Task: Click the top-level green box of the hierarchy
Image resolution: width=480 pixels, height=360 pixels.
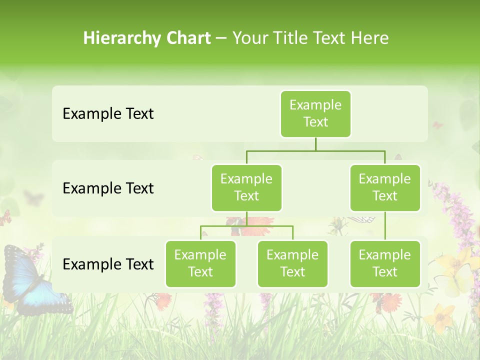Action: [315, 113]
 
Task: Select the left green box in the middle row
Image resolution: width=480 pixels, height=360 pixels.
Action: [246, 187]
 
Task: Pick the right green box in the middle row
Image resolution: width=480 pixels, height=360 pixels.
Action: [385, 187]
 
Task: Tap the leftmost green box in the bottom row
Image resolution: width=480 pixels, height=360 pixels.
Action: [200, 263]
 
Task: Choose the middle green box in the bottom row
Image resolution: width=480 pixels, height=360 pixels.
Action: [292, 263]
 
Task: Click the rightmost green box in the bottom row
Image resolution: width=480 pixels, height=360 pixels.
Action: [385, 263]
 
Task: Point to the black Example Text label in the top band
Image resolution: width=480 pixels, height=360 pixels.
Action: [108, 113]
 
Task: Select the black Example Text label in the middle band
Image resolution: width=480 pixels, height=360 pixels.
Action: [108, 188]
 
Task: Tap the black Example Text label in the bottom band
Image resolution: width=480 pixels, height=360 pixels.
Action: [108, 264]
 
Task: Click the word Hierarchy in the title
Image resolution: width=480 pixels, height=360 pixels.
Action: [122, 38]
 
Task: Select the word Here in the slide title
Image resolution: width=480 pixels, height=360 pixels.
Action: [369, 38]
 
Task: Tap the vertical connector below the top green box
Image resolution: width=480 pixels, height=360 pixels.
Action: [315, 144]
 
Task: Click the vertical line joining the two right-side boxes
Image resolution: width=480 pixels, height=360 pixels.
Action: [385, 226]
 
